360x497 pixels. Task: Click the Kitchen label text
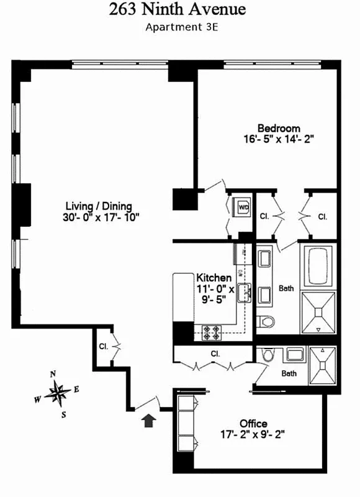(x=214, y=278)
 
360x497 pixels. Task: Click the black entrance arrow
(x=148, y=421)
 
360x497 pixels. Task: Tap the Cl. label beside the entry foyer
(x=102, y=346)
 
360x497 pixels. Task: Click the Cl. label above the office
(x=216, y=353)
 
